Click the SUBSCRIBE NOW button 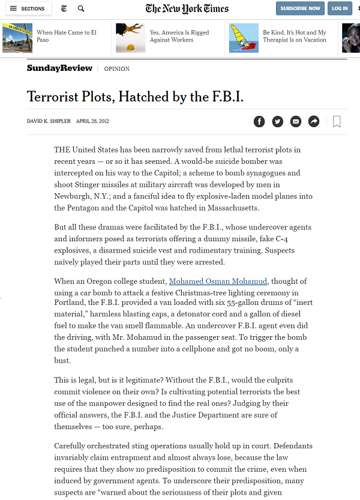click(300, 8)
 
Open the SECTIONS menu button click(28, 8)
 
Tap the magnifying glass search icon click(81, 8)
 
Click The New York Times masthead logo click(187, 8)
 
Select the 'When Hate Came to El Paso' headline click(66, 36)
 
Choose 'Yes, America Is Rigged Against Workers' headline click(179, 36)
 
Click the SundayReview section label click(59, 68)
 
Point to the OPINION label click(116, 69)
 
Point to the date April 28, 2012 click(92, 121)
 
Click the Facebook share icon click(259, 121)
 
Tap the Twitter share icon click(277, 121)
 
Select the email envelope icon click(295, 121)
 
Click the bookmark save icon click(337, 122)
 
